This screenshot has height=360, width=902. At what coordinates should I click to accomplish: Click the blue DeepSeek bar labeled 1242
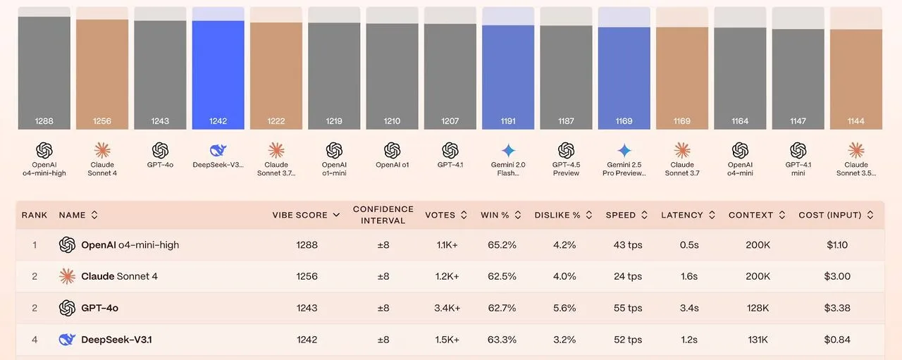pos(218,74)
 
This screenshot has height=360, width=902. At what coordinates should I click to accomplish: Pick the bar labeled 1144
pos(856,78)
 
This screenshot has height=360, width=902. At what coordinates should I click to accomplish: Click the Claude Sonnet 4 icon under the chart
pos(102,150)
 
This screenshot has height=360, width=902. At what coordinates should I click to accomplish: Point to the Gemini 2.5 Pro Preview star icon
pos(624,150)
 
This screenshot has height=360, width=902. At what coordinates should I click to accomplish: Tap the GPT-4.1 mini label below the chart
pos(798,169)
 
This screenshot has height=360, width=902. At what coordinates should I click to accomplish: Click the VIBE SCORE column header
pos(300,215)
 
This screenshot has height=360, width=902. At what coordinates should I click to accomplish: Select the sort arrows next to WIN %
pos(518,215)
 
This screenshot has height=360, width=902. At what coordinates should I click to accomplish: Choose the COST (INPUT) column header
pos(830,215)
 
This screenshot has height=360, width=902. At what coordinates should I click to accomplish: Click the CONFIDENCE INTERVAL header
pos(383,215)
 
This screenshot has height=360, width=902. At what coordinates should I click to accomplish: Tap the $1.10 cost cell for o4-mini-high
pos(836,245)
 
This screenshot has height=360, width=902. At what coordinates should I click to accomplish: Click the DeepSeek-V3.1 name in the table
pos(116,340)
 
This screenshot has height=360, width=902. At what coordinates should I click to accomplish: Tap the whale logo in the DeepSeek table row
pos(67,340)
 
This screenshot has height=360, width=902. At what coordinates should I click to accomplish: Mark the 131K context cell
pos(758,340)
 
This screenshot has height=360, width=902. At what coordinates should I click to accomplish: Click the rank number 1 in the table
pos(35,245)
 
